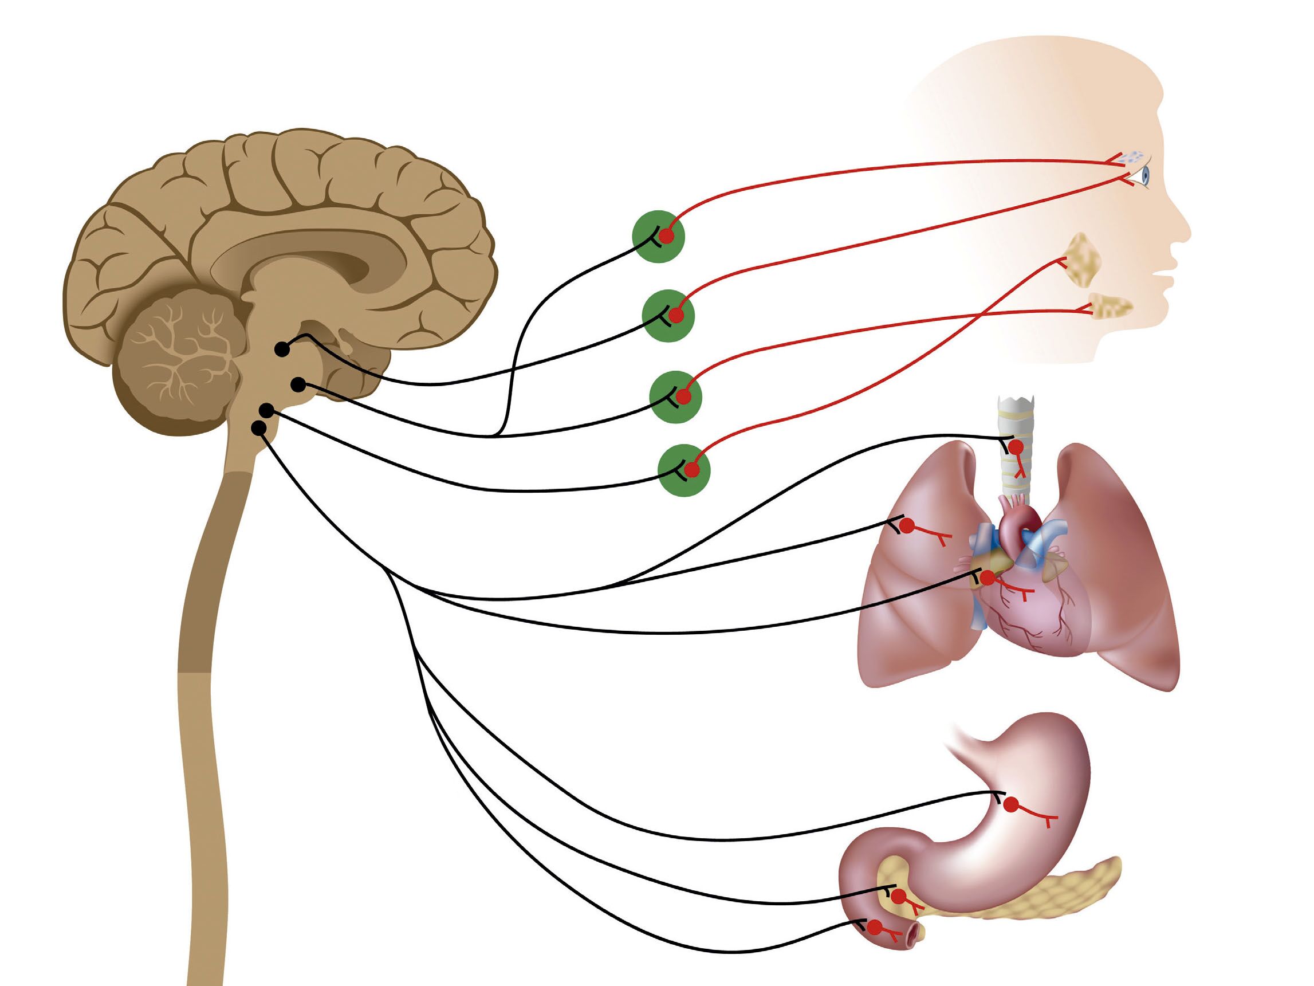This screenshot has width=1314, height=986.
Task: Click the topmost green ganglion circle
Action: pyautogui.click(x=659, y=235)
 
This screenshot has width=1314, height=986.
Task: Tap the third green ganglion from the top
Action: pyautogui.click(x=675, y=396)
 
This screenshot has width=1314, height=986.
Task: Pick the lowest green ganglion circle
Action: pyautogui.click(x=684, y=470)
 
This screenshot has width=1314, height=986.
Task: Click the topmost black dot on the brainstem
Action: pyautogui.click(x=283, y=349)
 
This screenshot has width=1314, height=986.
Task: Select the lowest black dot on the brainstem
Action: pyautogui.click(x=258, y=428)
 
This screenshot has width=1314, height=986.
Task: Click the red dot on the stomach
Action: pyautogui.click(x=1010, y=805)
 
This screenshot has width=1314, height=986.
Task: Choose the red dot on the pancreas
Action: pyautogui.click(x=899, y=896)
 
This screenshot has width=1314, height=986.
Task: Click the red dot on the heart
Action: pyautogui.click(x=987, y=577)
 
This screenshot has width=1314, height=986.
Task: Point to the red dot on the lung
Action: pyautogui.click(x=907, y=525)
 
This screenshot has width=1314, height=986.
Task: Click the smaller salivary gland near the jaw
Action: pyautogui.click(x=1110, y=304)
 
